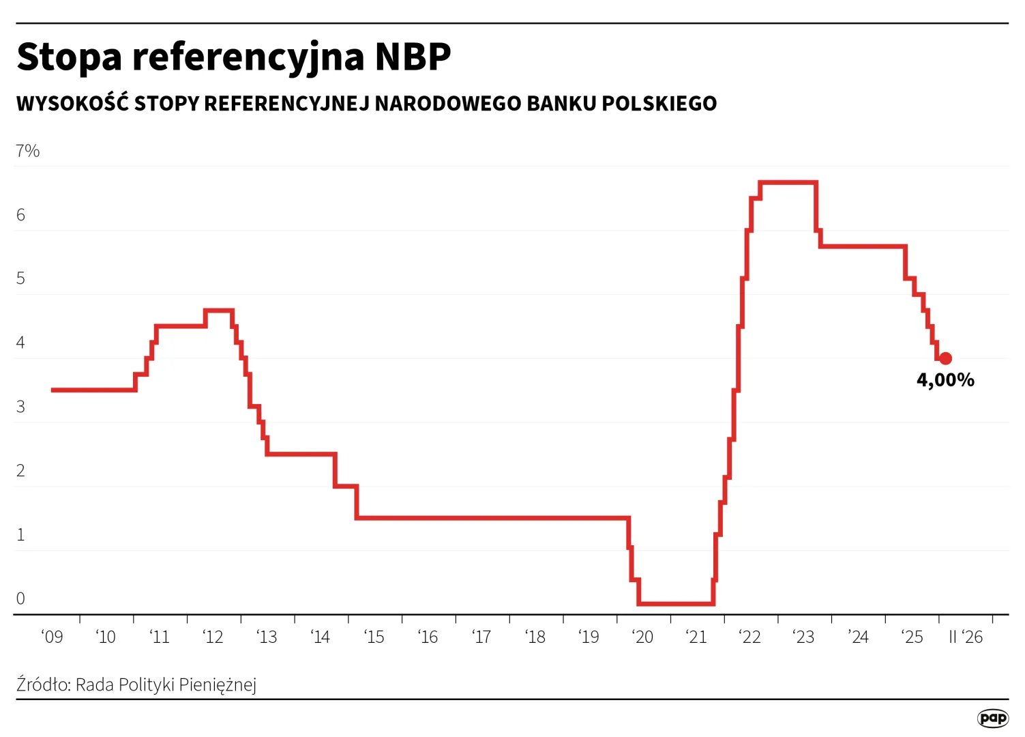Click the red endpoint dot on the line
(x=945, y=358)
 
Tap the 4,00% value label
(x=945, y=380)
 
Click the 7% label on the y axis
(x=28, y=151)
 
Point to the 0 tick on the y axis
(x=20, y=598)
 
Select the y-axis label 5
(x=20, y=278)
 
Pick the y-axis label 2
(x=20, y=471)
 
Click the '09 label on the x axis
(x=52, y=637)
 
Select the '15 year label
(x=374, y=637)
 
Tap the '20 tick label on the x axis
(x=642, y=637)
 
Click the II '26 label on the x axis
(x=966, y=637)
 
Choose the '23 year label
(x=804, y=637)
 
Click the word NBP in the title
(x=413, y=57)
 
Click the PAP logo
(x=992, y=718)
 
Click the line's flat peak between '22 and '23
(x=788, y=182)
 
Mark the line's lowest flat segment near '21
(x=675, y=604)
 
